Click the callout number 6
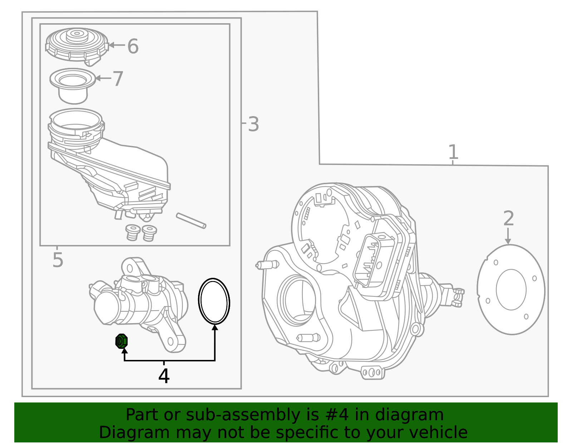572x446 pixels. coord(133,47)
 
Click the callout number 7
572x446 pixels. coord(118,79)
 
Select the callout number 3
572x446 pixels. coord(253,125)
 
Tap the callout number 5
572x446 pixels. coord(58,260)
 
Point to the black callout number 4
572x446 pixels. coord(164,376)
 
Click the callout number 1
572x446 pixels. coord(453,152)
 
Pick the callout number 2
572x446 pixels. coord(508,219)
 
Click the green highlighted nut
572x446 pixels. coord(122,341)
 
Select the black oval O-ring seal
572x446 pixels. coord(214,301)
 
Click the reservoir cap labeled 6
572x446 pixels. coord(77,45)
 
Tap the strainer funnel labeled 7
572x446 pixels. coord(73,85)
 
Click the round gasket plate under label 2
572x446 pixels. coord(511,290)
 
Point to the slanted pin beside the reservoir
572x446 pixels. coord(191,221)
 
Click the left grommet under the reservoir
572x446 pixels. coord(133,232)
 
